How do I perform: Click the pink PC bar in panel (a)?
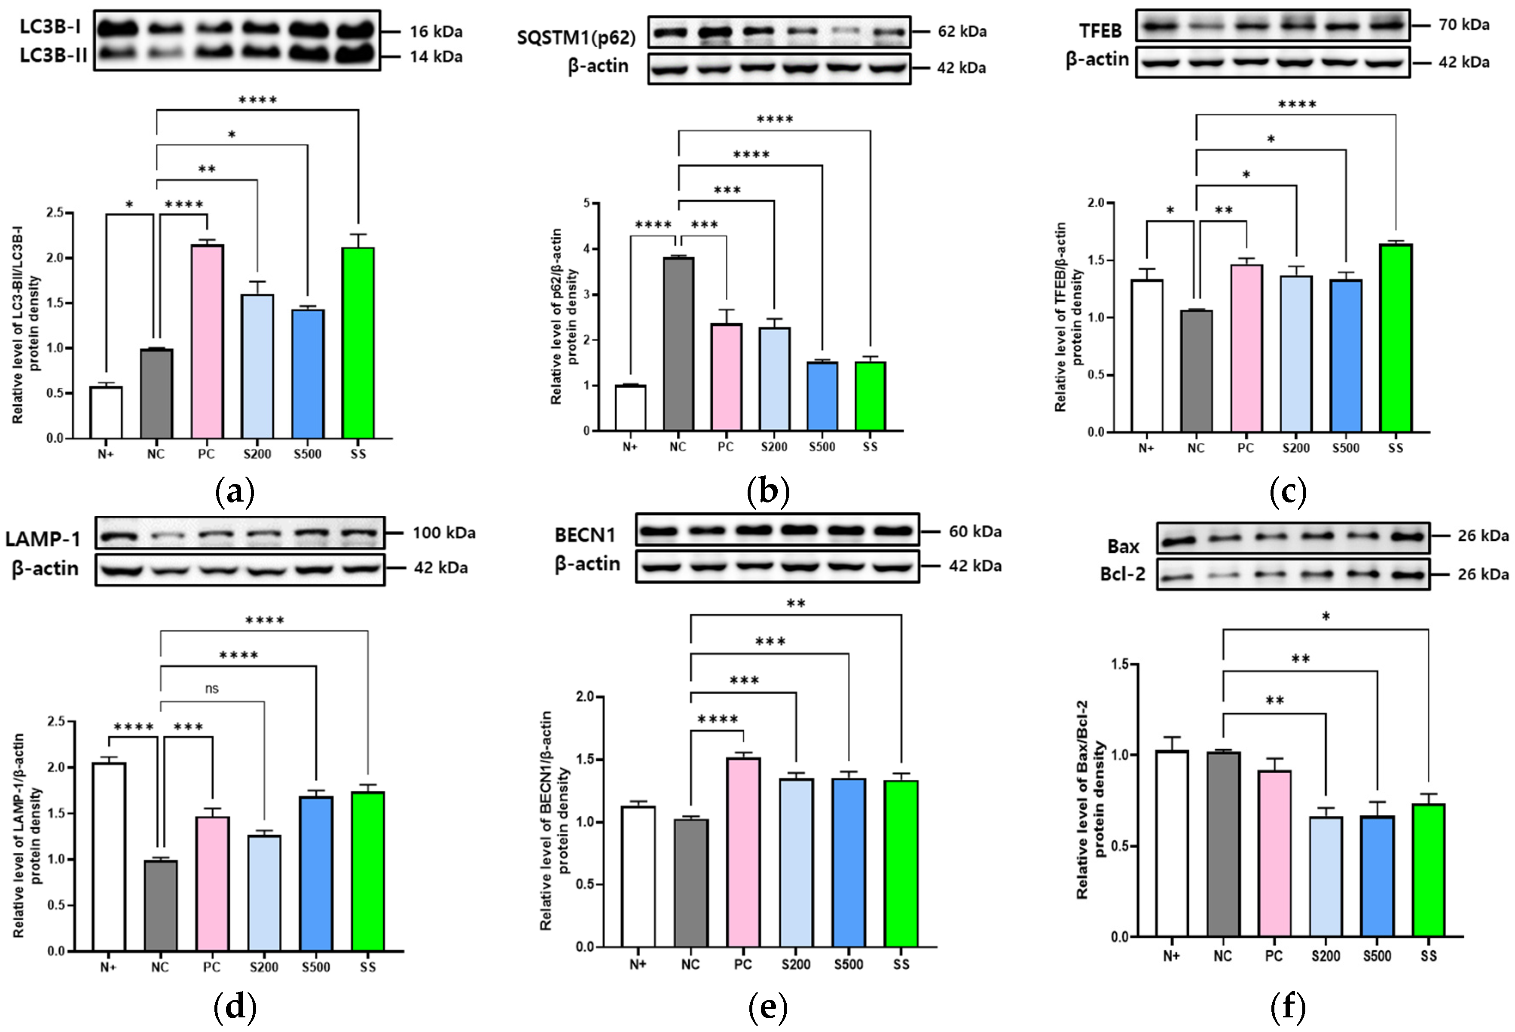[x=207, y=342]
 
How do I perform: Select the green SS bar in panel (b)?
[x=870, y=396]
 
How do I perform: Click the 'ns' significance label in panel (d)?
[x=211, y=689]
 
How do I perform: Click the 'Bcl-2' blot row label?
[x=1123, y=574]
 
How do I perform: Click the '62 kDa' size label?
[x=962, y=31]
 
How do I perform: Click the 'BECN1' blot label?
[x=585, y=535]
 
